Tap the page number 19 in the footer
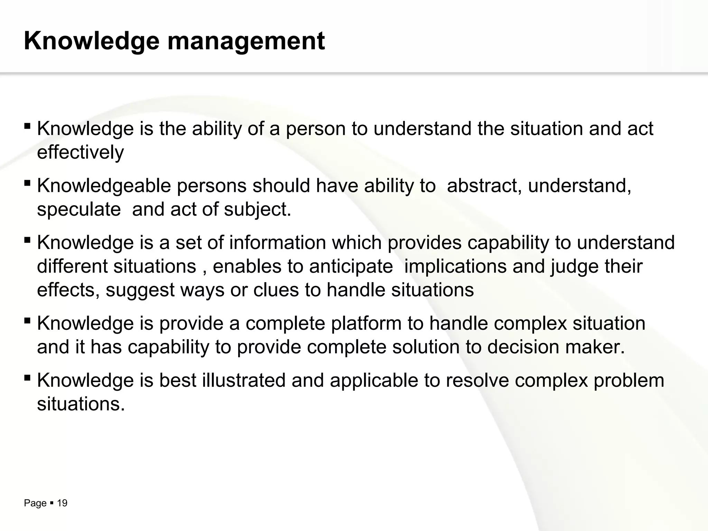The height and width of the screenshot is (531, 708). point(62,503)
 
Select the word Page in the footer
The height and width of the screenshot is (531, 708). point(35,503)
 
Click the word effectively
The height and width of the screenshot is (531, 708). point(80,152)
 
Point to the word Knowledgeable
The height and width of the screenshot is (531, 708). point(104,186)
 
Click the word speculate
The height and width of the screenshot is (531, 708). point(79,209)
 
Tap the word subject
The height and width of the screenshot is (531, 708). point(257,209)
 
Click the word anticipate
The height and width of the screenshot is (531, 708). point(351,266)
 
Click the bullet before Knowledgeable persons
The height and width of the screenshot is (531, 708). point(27,183)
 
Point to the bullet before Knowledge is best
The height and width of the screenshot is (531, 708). point(27,377)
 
